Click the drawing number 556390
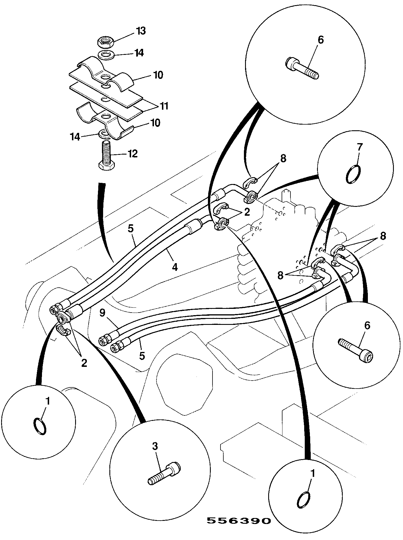tap(238, 521)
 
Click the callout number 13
tap(141, 31)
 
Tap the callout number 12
tap(132, 154)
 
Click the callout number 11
tap(163, 106)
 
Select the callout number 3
tap(155, 446)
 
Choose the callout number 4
tap(175, 267)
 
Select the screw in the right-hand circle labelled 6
tap(356, 350)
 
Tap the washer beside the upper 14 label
tap(106, 54)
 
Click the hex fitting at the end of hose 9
tap(104, 340)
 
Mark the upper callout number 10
tap(158, 75)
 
